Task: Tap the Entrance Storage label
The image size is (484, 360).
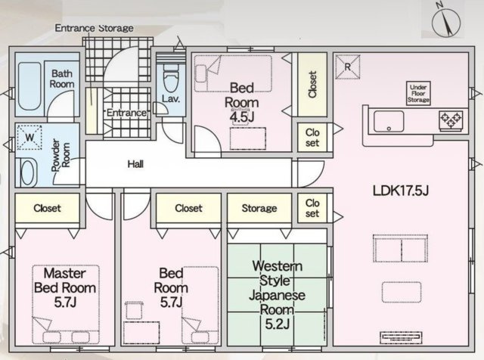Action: tap(94, 28)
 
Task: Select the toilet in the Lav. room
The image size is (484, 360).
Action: tap(170, 79)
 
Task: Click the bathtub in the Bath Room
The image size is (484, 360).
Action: tap(29, 86)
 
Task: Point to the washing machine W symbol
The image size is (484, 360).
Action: tap(29, 138)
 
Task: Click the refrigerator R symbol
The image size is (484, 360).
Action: tap(348, 67)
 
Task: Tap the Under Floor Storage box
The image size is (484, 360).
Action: tap(418, 93)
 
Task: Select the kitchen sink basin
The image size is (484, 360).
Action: tap(389, 121)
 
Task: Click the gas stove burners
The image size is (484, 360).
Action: tap(451, 119)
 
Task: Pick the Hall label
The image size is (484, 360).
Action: tap(135, 164)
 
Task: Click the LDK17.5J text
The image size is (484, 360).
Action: tap(401, 191)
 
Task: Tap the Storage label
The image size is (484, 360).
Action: tap(259, 208)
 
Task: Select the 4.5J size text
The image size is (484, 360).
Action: tap(242, 117)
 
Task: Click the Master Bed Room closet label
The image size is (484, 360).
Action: tap(47, 208)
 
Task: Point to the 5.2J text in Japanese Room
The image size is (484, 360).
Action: tap(278, 324)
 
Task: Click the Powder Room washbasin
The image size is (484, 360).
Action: tap(27, 172)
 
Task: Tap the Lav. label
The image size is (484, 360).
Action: tap(171, 99)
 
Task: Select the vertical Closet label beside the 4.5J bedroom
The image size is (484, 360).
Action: tap(312, 85)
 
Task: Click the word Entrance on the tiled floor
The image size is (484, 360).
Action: tap(126, 113)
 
